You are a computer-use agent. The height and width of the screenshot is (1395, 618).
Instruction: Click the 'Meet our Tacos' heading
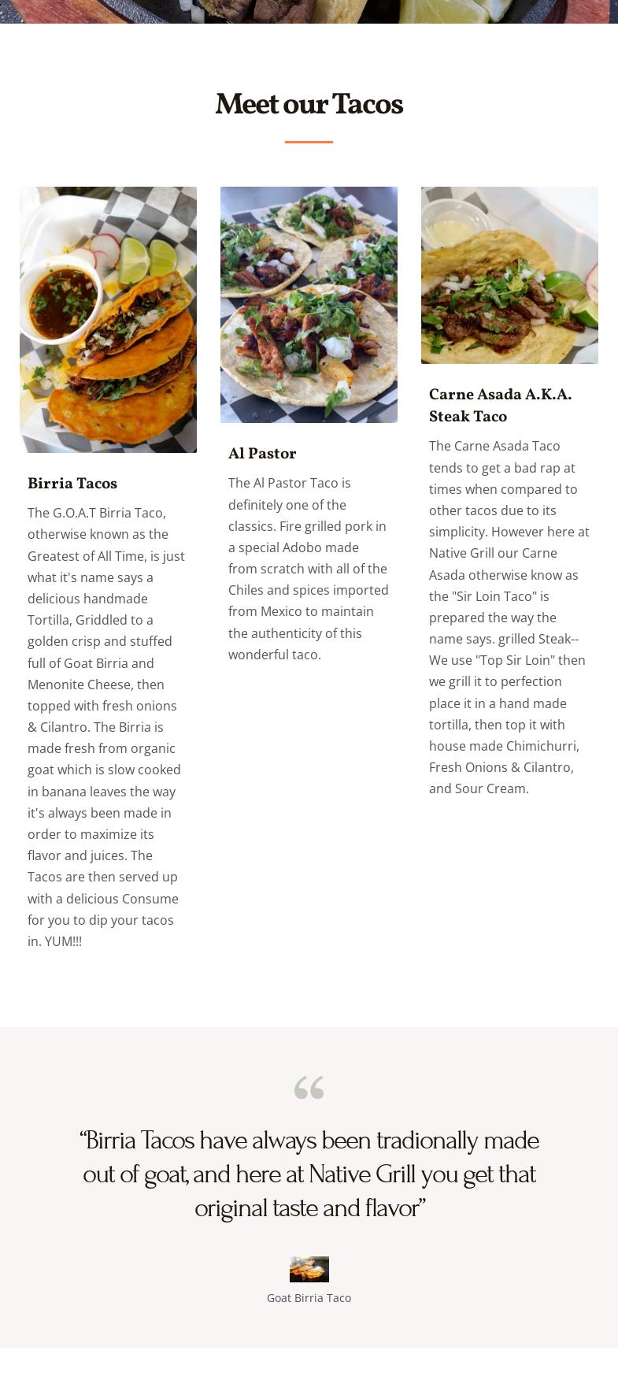coord(309,104)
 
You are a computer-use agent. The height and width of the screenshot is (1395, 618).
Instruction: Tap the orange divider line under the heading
coord(309,142)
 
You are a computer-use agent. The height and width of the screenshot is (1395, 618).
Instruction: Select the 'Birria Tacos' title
coord(72,484)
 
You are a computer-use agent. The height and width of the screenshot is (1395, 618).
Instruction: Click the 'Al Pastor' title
coord(262,454)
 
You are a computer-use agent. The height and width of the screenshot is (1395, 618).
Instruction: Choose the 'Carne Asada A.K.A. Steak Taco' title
coord(500,405)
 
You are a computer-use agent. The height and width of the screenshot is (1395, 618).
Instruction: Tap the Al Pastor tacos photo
coord(309,304)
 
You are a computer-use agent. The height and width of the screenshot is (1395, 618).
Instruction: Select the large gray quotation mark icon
coord(309,1088)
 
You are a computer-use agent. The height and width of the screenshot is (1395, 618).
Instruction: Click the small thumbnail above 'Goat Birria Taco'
coord(309,1269)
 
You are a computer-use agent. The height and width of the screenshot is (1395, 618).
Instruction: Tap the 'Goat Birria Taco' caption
coord(309,1298)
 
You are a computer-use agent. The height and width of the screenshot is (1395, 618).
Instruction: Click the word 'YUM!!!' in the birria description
coord(63,941)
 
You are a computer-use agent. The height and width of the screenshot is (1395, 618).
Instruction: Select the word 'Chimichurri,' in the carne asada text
coord(542,746)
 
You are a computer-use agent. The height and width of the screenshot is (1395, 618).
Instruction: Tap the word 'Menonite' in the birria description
coord(57,685)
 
